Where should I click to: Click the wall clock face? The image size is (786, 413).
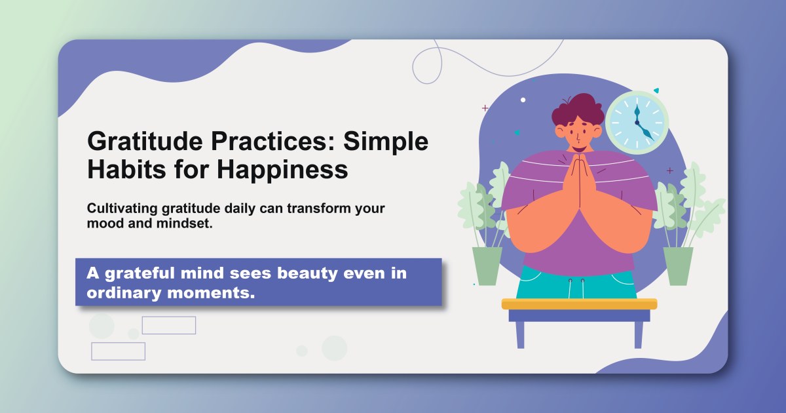[636, 123]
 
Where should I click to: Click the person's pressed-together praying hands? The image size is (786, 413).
[578, 184]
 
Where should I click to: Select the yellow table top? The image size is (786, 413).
[579, 304]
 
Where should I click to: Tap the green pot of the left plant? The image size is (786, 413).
[487, 265]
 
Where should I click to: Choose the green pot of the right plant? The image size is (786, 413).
[678, 265]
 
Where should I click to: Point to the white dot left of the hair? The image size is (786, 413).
[523, 100]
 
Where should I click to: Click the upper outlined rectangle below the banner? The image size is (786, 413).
[169, 325]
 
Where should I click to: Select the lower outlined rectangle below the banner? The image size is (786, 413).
[118, 351]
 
